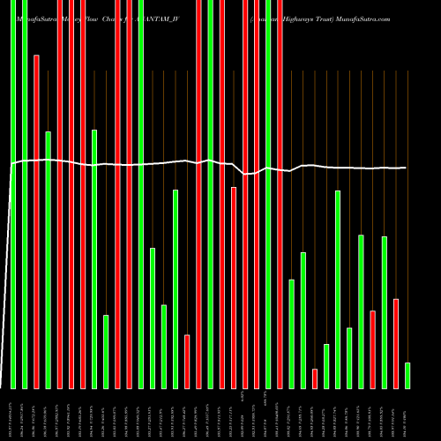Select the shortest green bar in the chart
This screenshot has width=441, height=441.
click(407, 375)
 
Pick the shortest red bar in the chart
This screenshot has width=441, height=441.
click(315, 378)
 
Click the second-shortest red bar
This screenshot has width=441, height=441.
click(187, 361)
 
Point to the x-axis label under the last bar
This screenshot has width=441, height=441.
click(407, 415)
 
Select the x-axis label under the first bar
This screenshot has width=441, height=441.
click(13, 415)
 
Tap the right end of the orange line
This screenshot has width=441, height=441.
click(407, 168)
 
